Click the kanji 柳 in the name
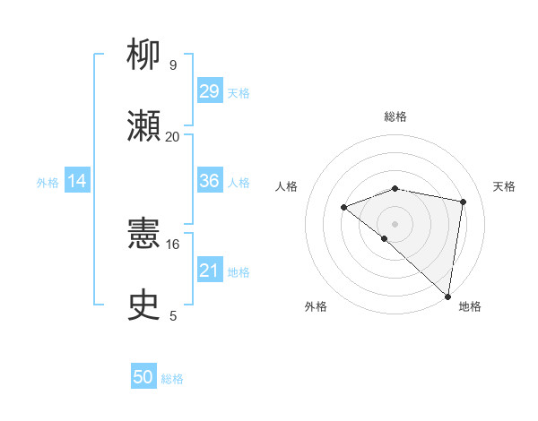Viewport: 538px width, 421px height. click(x=144, y=56)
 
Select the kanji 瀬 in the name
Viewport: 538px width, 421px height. click(x=144, y=126)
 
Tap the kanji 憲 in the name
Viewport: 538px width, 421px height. click(x=144, y=236)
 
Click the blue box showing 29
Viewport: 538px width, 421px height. click(x=209, y=91)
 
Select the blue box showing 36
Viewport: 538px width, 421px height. click(x=209, y=181)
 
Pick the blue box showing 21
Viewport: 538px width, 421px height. click(x=209, y=270)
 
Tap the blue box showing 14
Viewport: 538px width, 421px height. click(x=77, y=181)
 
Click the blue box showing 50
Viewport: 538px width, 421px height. click(x=143, y=377)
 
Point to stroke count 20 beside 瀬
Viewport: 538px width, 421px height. click(x=172, y=137)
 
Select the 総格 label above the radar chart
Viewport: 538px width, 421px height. click(x=395, y=116)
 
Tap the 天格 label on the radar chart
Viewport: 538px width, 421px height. click(x=504, y=186)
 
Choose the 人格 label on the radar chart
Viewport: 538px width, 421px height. click(x=288, y=186)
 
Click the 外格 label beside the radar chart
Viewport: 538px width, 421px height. click(x=316, y=306)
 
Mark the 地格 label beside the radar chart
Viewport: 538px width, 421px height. click(x=470, y=306)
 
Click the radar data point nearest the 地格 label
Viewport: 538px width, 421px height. click(x=447, y=296)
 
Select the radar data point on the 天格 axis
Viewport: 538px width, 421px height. click(x=464, y=202)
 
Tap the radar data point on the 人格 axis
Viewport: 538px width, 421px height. click(x=344, y=208)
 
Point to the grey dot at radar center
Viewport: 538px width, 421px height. click(x=395, y=223)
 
